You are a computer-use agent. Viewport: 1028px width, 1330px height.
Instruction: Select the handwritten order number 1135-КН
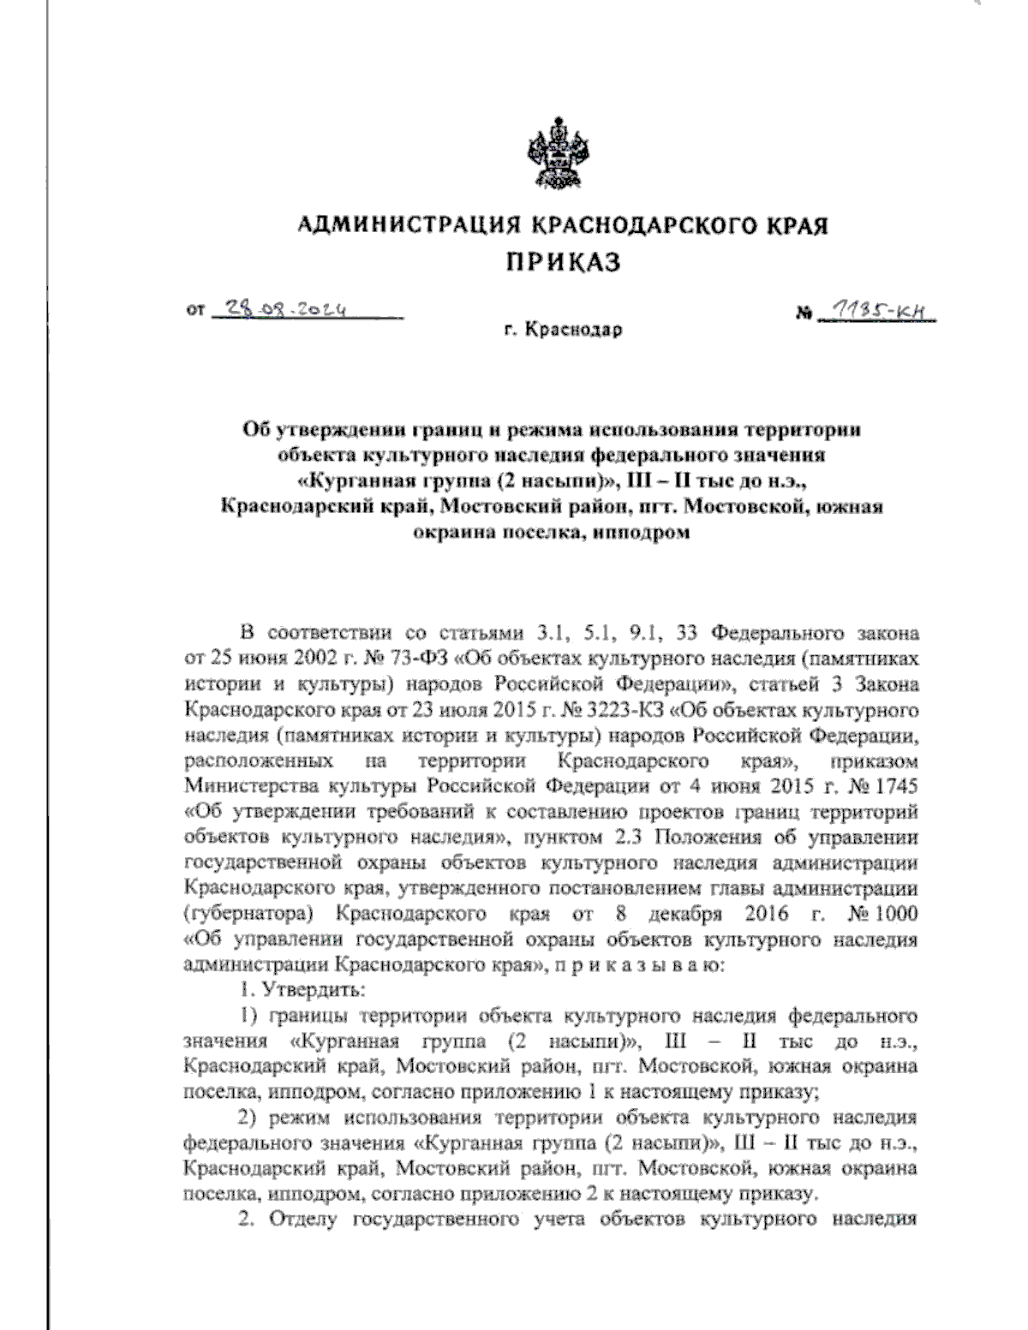tap(876, 315)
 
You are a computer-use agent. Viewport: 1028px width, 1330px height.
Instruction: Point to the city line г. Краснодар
tap(563, 330)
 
